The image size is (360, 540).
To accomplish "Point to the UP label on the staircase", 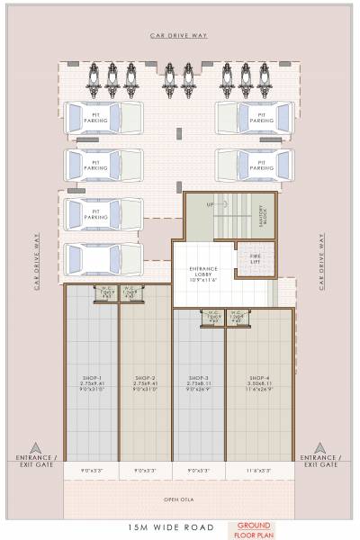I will (x=211, y=205).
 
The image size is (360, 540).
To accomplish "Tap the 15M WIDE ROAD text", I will (x=156, y=528).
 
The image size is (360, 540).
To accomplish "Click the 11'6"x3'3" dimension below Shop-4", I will (x=259, y=470).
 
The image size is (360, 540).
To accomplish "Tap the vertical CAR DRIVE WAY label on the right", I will (x=321, y=261).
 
